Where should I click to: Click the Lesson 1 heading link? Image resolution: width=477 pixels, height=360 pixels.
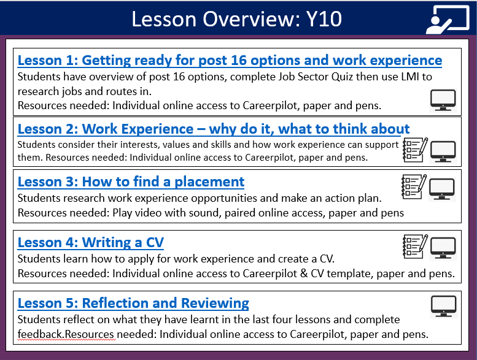coord(230,61)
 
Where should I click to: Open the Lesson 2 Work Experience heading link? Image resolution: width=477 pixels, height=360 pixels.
coord(214,129)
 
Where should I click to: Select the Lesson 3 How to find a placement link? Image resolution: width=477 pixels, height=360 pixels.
coord(131,182)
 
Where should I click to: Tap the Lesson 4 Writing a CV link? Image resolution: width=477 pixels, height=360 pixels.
coord(91,243)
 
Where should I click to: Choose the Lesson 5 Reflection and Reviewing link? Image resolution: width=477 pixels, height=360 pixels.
coord(133,304)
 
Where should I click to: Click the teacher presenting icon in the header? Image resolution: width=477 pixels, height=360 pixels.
coord(448,20)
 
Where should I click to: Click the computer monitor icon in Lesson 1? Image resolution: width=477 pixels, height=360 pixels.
coord(443,101)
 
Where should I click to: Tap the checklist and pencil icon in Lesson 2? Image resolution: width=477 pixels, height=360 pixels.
coord(415,150)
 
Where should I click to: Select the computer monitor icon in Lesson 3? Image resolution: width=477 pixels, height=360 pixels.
coord(442,190)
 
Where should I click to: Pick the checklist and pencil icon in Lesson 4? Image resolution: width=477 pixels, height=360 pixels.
coord(415,247)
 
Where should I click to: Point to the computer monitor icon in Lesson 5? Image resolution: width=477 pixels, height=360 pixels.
coord(443,306)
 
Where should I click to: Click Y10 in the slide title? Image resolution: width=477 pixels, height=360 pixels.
coord(324,19)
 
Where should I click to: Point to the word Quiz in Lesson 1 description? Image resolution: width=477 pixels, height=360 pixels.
coord(343,77)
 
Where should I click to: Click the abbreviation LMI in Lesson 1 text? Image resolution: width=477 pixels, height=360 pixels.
coord(409,77)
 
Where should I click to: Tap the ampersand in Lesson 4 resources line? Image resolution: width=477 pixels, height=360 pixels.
coord(304,274)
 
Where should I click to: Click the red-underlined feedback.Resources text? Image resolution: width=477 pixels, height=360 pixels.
coord(66,334)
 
